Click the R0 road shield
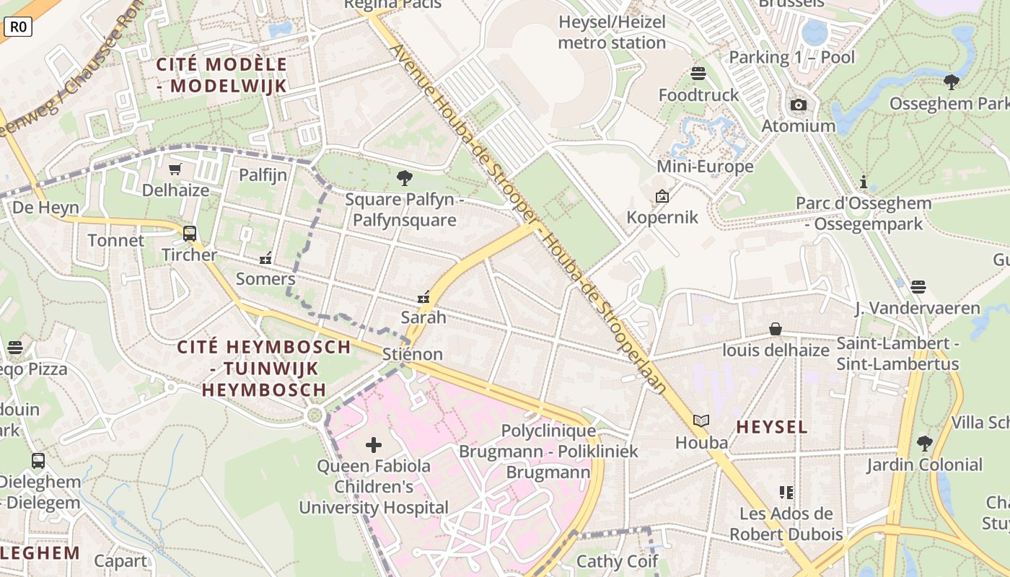(18, 27)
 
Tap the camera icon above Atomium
(798, 105)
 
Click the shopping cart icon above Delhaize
(175, 169)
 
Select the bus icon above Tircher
(189, 234)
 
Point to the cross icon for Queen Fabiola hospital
(374, 445)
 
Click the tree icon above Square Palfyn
(405, 177)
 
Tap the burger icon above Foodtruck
(698, 74)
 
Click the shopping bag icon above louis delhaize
(776, 330)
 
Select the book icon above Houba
(701, 420)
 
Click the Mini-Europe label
(705, 167)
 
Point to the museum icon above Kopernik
(662, 196)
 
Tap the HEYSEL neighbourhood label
(771, 427)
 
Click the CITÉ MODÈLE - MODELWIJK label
(222, 75)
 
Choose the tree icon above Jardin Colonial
(924, 443)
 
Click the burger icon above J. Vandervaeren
(917, 287)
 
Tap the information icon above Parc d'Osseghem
(863, 182)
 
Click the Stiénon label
(413, 354)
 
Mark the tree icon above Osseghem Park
(951, 82)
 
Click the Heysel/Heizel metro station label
(612, 32)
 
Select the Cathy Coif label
(617, 561)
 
